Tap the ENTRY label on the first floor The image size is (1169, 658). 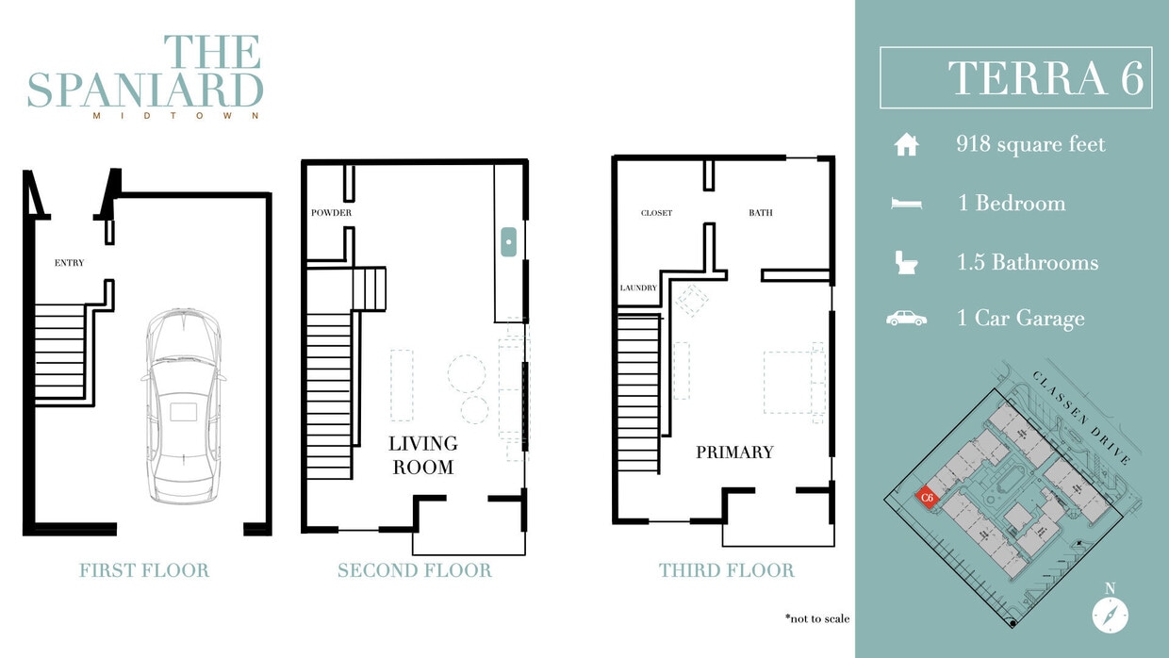[69, 263]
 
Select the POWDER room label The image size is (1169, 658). [331, 213]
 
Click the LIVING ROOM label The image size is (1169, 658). [423, 454]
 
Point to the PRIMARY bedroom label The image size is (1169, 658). [734, 452]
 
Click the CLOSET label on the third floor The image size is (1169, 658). [656, 213]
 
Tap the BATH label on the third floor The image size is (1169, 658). [760, 213]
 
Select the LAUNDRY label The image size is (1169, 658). [638, 288]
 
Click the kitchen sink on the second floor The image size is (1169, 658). [508, 242]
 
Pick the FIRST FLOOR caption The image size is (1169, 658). [144, 570]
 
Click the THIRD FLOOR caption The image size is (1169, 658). [726, 570]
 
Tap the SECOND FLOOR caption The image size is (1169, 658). [415, 570]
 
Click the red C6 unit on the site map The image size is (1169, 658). [927, 497]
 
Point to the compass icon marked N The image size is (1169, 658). [1110, 614]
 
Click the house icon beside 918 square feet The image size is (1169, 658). [906, 145]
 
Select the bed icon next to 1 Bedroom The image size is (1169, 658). [906, 204]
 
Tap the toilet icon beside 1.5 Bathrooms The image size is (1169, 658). [906, 262]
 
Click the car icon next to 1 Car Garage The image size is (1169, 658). [906, 319]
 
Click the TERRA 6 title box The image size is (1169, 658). [1015, 77]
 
